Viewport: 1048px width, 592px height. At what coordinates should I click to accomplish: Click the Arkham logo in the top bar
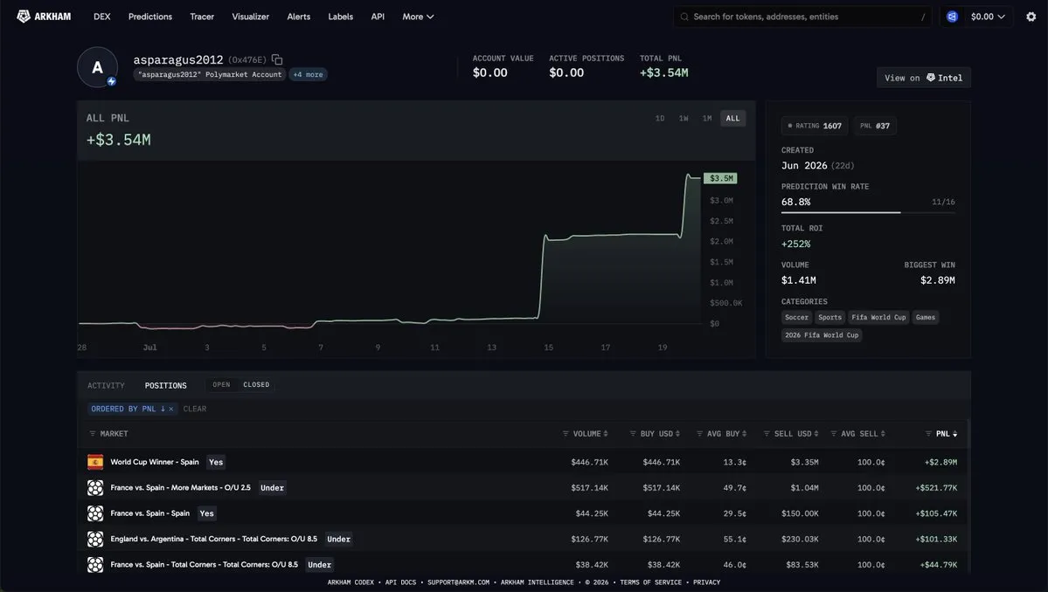[x=44, y=17]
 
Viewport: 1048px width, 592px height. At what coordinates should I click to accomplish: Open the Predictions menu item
[x=150, y=17]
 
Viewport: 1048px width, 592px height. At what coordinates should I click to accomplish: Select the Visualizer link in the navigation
[x=251, y=17]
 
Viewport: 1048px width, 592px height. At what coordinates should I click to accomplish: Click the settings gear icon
[x=1031, y=17]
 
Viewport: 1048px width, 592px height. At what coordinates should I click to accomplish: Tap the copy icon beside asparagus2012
[x=277, y=59]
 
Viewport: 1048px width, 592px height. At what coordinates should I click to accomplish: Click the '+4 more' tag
[x=309, y=75]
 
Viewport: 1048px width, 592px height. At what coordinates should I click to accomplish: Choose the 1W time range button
[x=684, y=118]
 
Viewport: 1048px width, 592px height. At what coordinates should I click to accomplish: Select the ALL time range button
[x=733, y=118]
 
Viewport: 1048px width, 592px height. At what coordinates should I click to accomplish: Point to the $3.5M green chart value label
[x=721, y=178]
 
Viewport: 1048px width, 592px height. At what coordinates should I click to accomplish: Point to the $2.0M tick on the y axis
[x=721, y=241]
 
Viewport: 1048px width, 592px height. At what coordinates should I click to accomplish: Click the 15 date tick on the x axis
[x=549, y=347]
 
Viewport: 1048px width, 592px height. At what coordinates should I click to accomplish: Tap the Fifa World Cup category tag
[x=879, y=317]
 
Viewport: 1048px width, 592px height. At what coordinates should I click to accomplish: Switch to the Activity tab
[x=107, y=385]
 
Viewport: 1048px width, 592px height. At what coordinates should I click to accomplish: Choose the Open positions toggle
[x=221, y=384]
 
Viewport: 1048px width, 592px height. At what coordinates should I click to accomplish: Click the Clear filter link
[x=195, y=409]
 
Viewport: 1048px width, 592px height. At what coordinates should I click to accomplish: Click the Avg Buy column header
[x=723, y=434]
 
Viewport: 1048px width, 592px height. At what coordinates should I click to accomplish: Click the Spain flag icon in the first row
[x=95, y=462]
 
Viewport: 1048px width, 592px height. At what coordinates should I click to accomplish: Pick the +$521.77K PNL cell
[x=936, y=488]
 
